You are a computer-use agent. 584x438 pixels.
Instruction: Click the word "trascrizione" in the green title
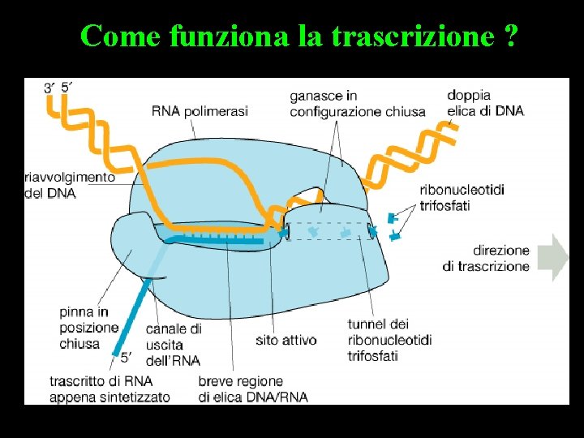[423, 36]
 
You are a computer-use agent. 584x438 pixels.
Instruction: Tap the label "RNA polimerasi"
[200, 111]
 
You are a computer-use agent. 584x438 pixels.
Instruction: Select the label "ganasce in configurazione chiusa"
[357, 104]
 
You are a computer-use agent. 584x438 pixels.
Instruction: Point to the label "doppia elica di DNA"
[485, 103]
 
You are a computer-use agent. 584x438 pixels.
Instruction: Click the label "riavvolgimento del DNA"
[70, 185]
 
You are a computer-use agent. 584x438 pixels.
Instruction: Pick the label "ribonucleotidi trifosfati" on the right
[462, 197]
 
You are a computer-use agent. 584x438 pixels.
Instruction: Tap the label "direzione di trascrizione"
[490, 258]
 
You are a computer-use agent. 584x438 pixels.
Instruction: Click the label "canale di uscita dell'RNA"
[174, 345]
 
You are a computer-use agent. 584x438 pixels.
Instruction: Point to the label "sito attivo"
[286, 340]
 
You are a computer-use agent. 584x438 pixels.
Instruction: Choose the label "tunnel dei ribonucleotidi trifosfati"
[389, 339]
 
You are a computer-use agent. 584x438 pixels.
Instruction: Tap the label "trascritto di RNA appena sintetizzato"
[109, 389]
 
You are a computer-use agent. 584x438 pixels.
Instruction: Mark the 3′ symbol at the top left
[50, 87]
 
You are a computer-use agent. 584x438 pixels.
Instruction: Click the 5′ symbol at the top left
[67, 87]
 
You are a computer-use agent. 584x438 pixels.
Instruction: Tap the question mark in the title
[509, 36]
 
